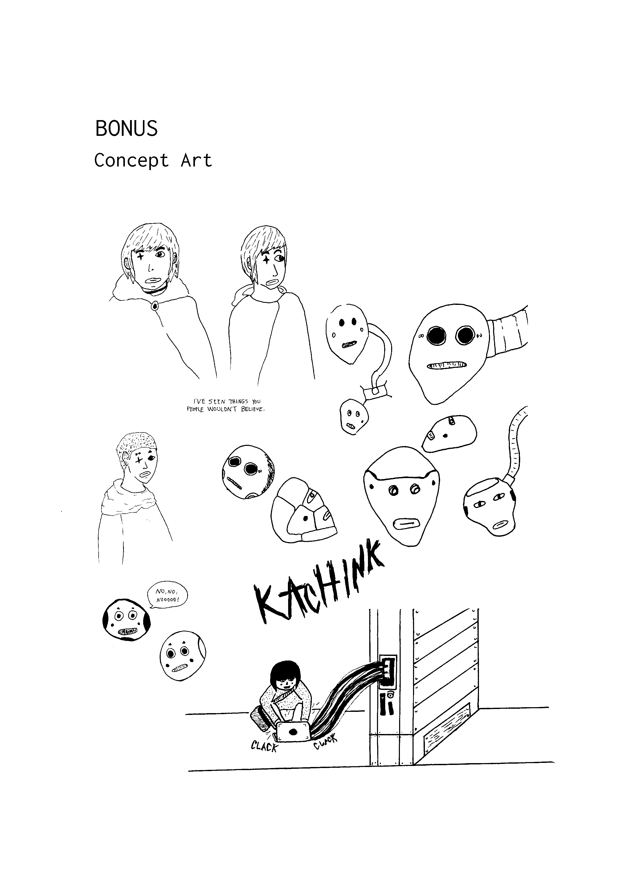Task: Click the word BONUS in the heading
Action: point(126,129)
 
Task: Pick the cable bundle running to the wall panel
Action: point(347,694)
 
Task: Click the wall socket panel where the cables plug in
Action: point(389,672)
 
